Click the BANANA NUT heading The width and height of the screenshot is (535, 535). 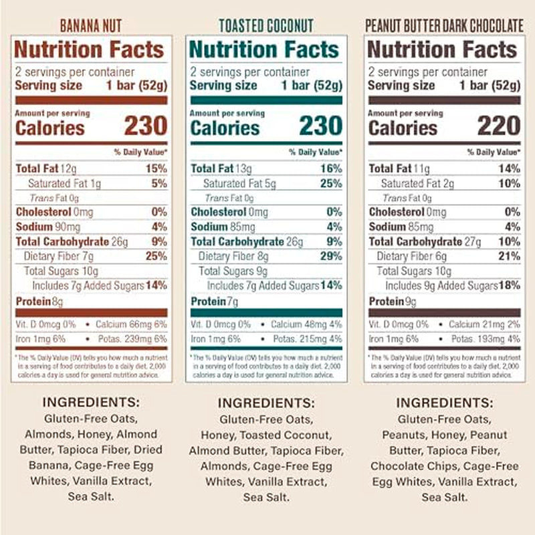point(91,26)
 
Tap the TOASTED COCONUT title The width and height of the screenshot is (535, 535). point(266,26)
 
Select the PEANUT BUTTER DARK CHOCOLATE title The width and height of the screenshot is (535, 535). point(443,26)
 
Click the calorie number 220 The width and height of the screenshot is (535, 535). point(498,126)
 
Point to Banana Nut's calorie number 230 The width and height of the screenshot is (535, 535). point(145,126)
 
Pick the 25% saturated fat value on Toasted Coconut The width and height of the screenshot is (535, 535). point(330,183)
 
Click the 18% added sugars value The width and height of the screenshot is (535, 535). point(509,286)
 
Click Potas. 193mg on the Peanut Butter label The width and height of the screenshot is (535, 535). point(479,339)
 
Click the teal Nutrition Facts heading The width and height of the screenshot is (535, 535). point(264,50)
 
